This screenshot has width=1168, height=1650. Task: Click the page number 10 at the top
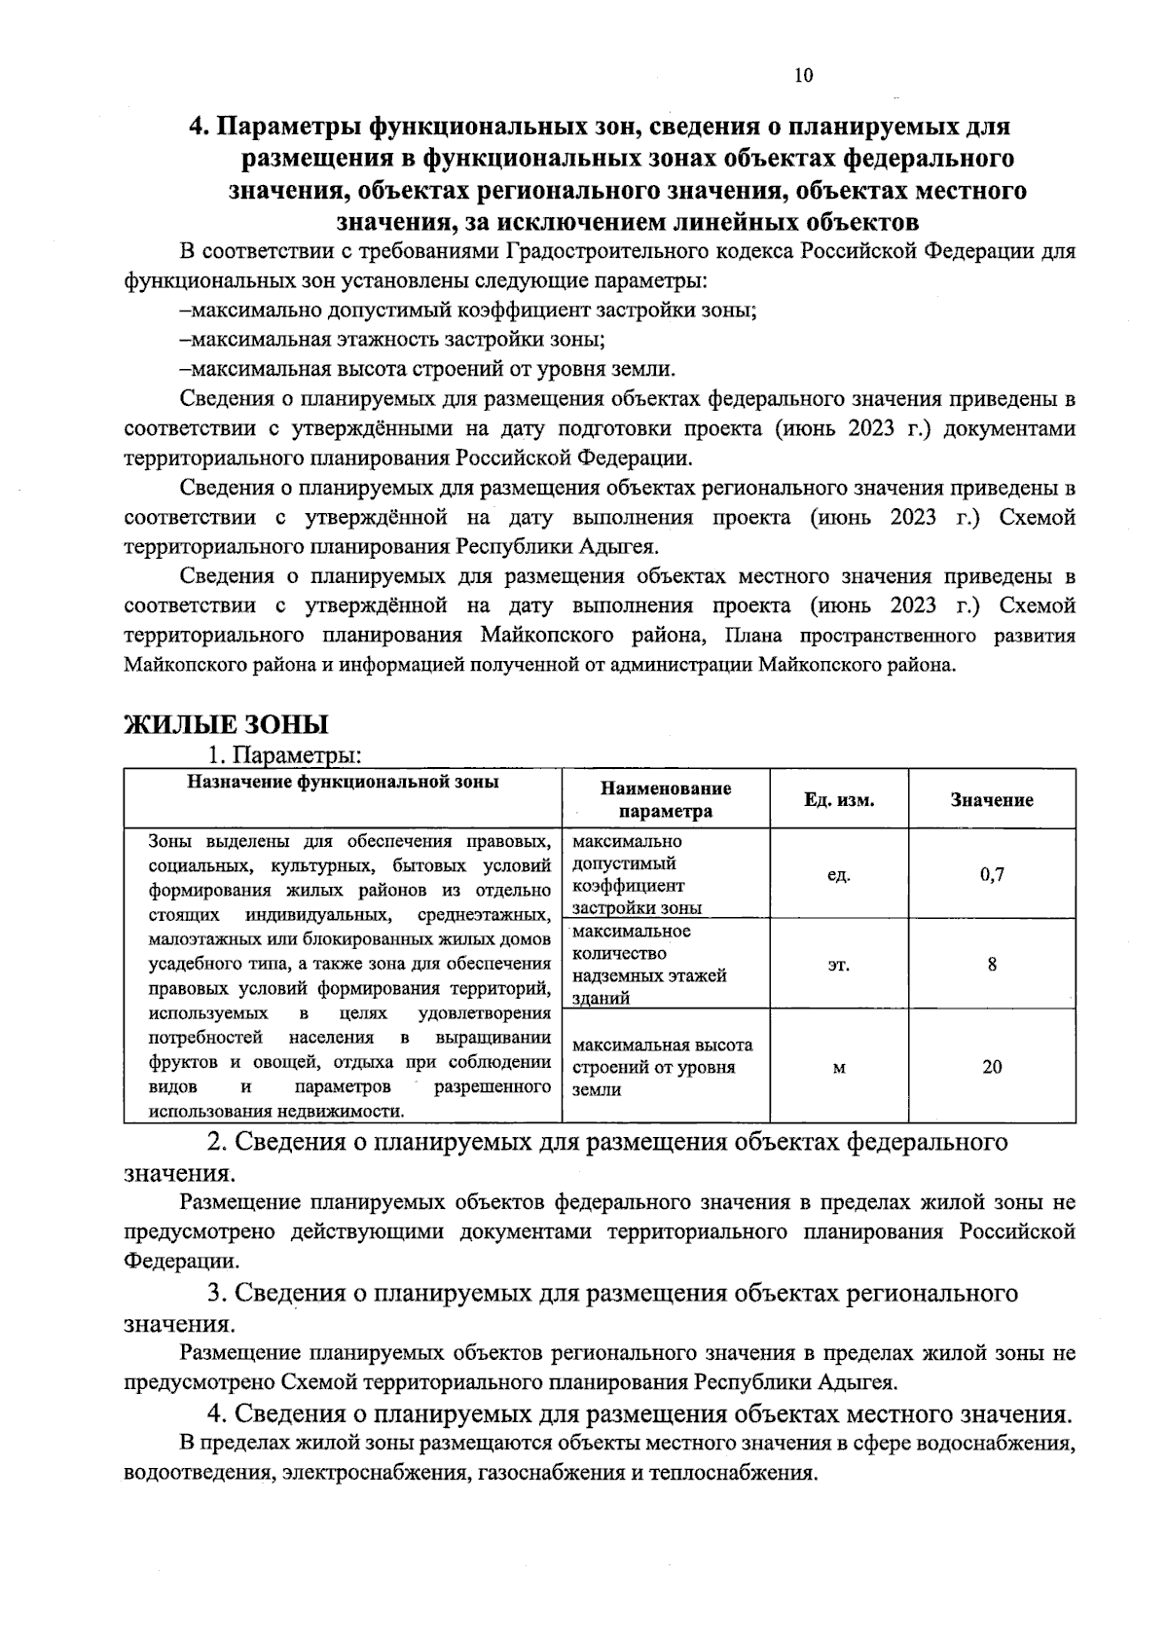tap(803, 76)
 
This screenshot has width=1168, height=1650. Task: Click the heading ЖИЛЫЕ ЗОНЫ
tap(226, 725)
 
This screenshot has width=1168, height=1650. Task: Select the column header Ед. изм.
tap(838, 800)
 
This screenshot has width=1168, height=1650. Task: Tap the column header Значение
tap(991, 800)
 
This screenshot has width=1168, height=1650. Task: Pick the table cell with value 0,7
tap(991, 874)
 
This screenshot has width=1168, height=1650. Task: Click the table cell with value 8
tap(991, 965)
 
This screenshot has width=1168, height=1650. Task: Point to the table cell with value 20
tap(991, 1067)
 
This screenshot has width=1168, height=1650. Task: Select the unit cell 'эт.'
tap(838, 965)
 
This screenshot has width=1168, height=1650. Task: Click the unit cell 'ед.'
tap(838, 874)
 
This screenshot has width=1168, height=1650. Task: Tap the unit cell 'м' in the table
tap(838, 1068)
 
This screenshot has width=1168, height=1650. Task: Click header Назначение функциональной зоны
tap(343, 782)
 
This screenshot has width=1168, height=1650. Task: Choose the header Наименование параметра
tap(666, 799)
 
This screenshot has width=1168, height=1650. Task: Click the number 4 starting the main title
tap(196, 128)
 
